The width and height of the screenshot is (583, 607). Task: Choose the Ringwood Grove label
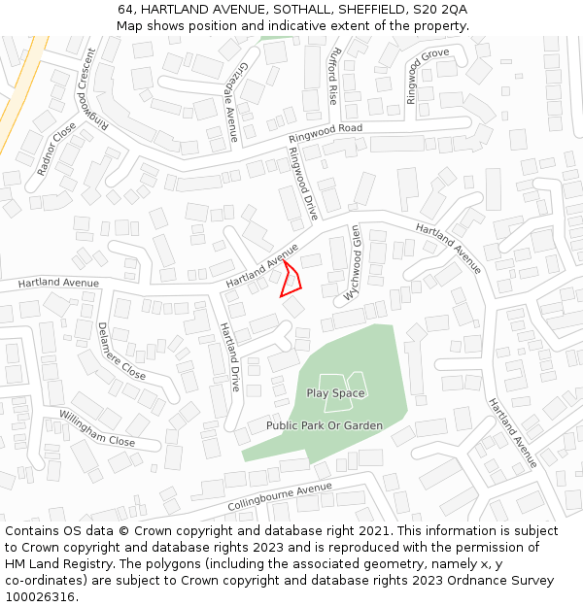tap(427, 76)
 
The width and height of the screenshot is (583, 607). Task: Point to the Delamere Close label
tap(121, 352)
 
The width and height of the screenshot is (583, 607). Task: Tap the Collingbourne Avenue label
tap(273, 498)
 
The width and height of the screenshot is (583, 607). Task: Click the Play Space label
tap(335, 393)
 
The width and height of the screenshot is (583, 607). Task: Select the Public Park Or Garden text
tap(325, 425)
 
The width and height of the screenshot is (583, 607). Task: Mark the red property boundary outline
tap(291, 279)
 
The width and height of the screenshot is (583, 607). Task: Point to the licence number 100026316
tap(39, 597)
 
